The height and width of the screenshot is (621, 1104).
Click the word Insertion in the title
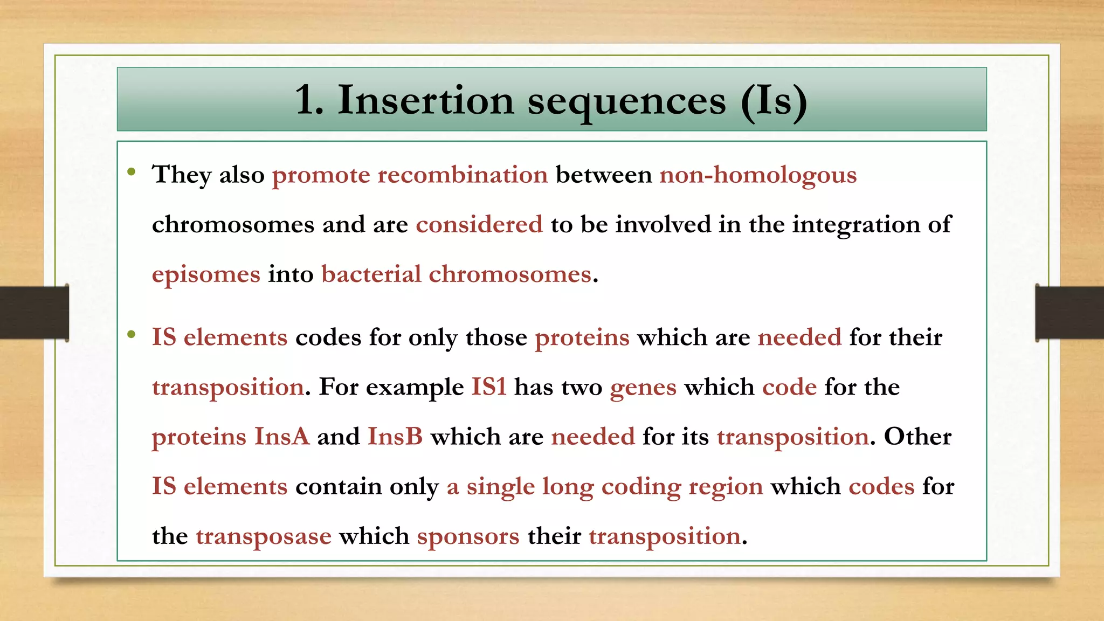point(425,101)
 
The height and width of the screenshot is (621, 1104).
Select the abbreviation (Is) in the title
point(774,101)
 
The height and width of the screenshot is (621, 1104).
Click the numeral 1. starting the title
point(309,101)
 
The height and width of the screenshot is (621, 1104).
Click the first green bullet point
point(131,172)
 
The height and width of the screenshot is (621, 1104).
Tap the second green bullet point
point(131,335)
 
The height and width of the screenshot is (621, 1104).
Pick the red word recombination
point(463,175)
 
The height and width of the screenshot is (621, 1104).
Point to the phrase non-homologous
point(758,175)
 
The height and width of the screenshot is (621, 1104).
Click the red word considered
point(479,224)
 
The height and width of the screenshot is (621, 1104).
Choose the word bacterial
point(371,274)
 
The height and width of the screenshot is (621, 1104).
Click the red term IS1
point(489,387)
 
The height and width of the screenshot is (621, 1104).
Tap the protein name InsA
point(282,437)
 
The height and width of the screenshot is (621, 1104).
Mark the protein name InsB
point(395,437)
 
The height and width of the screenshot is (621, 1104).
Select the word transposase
point(263,536)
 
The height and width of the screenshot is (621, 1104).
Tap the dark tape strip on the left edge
point(34,313)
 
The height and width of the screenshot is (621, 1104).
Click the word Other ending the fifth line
point(917,437)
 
